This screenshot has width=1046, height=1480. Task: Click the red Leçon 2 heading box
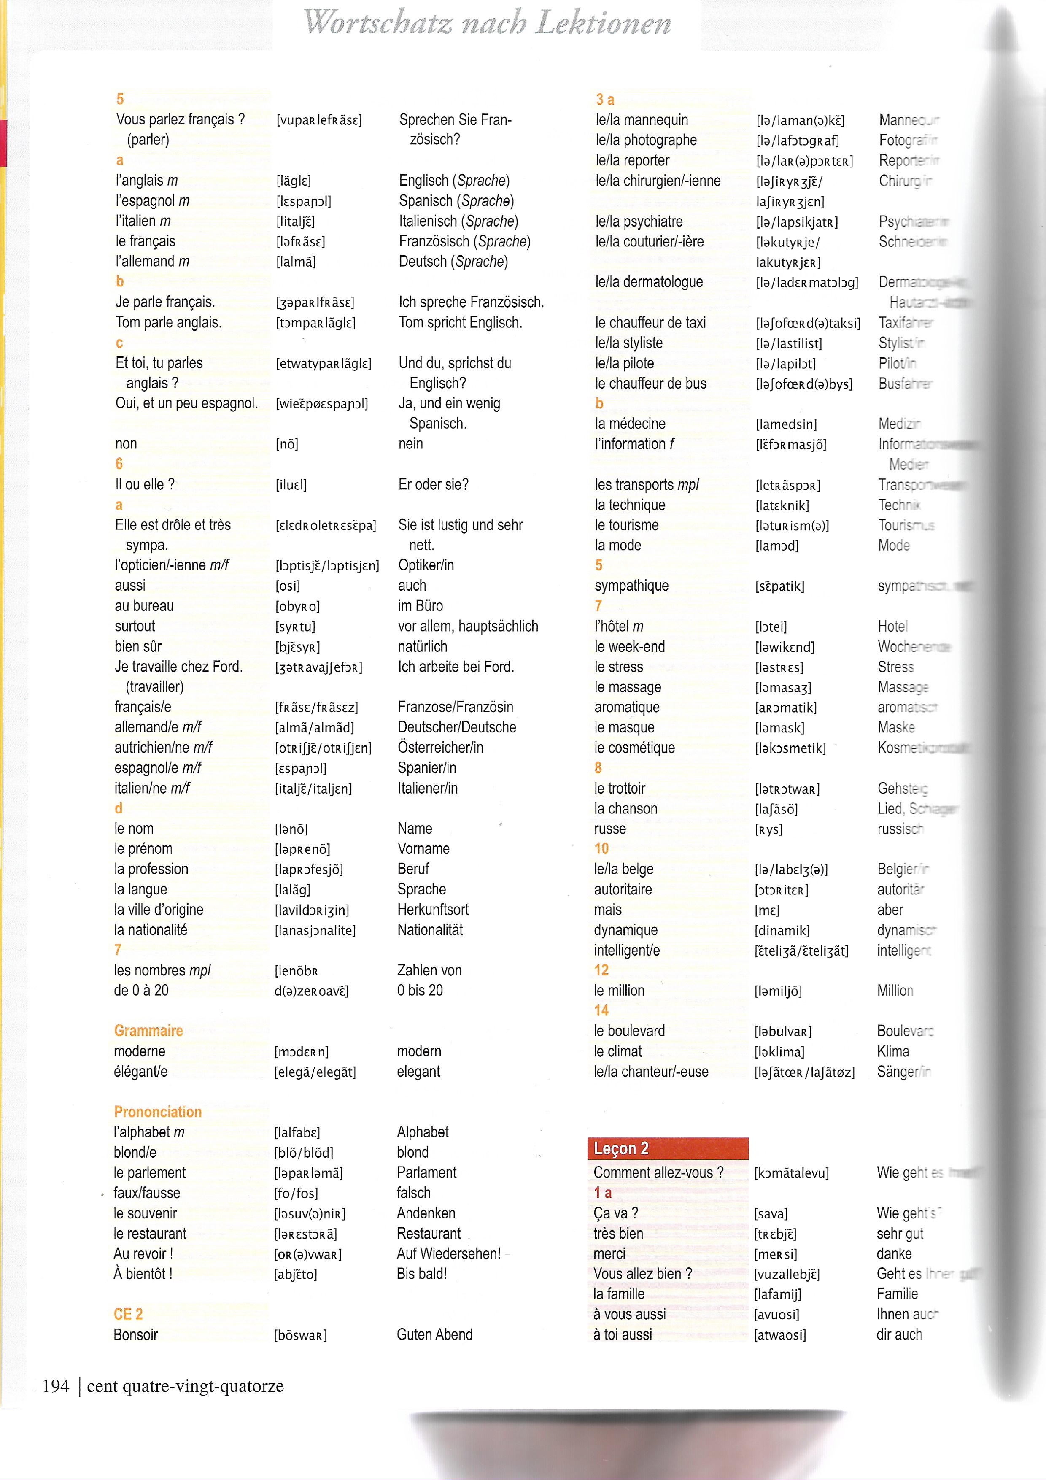(x=667, y=1148)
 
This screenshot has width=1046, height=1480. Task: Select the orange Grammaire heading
(x=148, y=1030)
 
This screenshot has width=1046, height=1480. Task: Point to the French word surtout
(x=135, y=626)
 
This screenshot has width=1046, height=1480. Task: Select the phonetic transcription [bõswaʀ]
(x=300, y=1335)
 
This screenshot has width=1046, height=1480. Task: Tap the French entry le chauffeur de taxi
(x=650, y=322)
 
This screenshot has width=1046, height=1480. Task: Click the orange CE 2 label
(x=128, y=1314)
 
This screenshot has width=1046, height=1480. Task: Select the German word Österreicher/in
(x=440, y=747)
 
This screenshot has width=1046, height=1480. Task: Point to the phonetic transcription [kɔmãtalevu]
(x=791, y=1172)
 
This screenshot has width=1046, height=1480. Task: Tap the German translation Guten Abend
(x=434, y=1334)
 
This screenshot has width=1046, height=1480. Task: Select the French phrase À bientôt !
(x=143, y=1273)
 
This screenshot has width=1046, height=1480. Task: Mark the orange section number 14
(x=601, y=1010)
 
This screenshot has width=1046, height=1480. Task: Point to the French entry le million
(x=619, y=990)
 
